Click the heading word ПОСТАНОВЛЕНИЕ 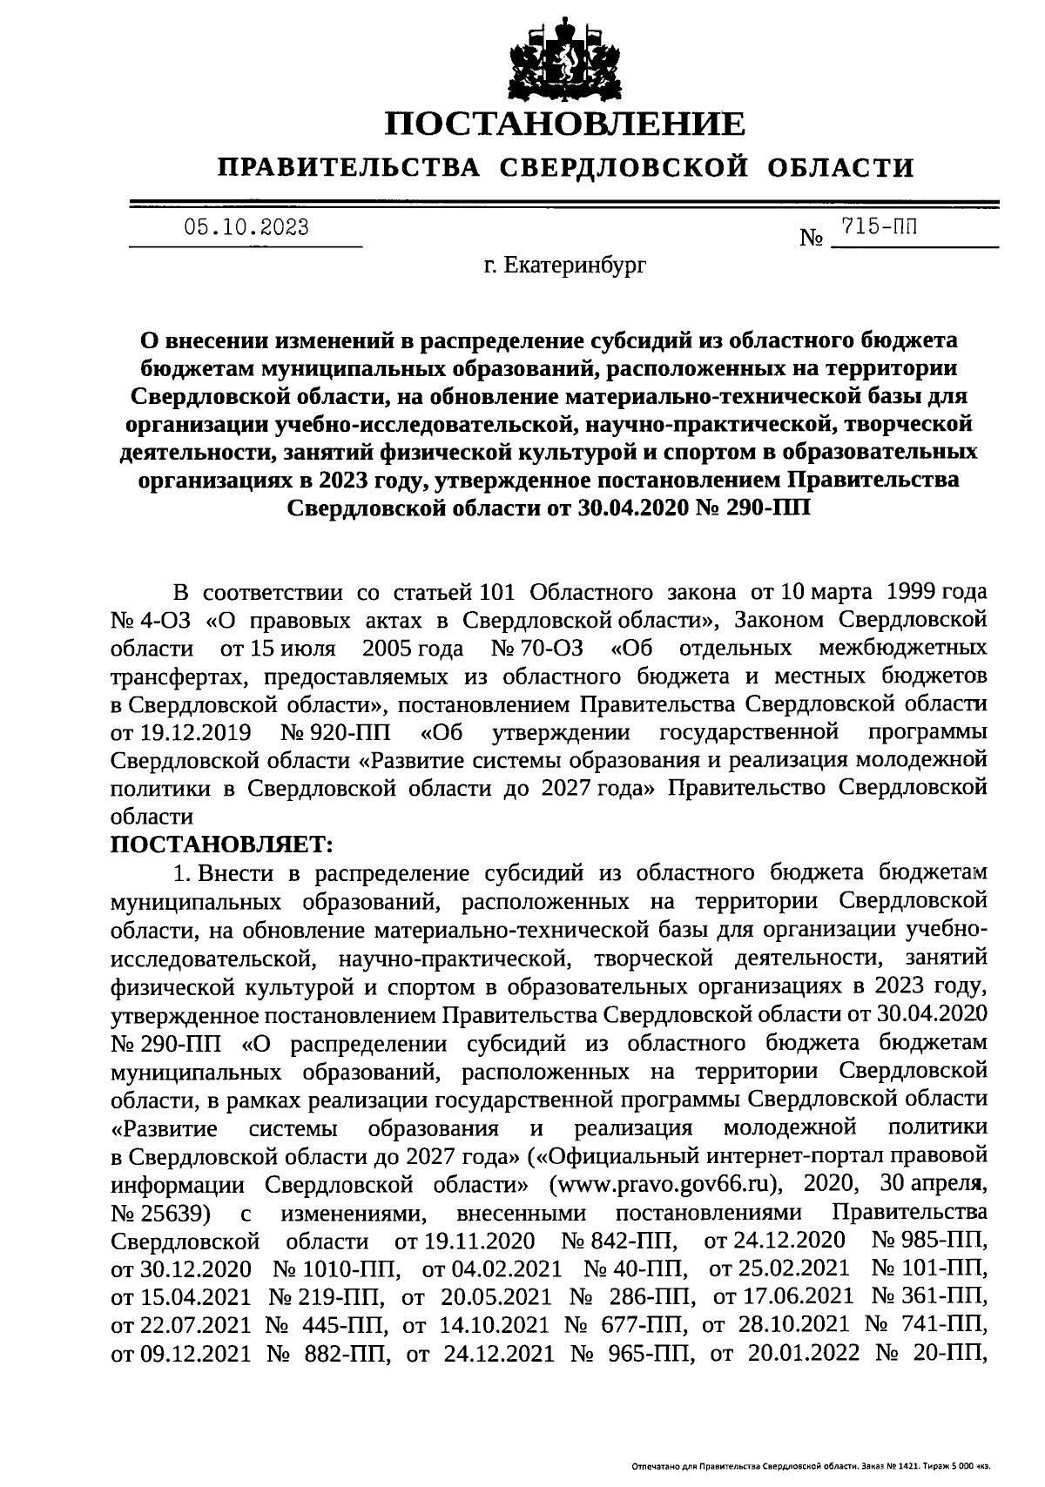coord(565,124)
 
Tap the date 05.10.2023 coord(246,228)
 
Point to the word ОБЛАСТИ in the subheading coord(840,166)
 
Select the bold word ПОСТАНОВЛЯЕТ coord(222,844)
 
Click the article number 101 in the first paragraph coord(499,593)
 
